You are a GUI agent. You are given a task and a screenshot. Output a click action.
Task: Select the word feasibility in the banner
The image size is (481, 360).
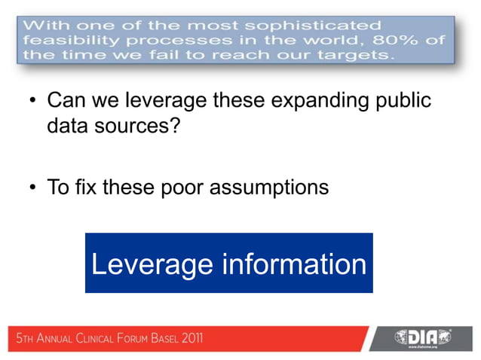click(x=64, y=40)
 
